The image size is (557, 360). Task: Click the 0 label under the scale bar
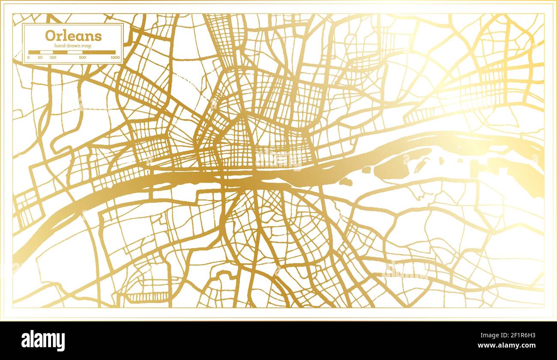29,57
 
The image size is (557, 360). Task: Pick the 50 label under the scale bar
40,57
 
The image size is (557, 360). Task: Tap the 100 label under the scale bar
53,57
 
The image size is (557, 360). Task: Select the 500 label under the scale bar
82,57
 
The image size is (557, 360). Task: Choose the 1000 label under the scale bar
115,57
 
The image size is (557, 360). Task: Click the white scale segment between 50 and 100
46,52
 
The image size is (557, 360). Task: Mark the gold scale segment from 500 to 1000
99,52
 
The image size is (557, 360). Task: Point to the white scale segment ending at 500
75,52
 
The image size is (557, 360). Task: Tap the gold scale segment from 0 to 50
34,52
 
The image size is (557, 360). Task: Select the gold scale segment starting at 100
60,52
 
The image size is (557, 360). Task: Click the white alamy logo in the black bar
43,341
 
